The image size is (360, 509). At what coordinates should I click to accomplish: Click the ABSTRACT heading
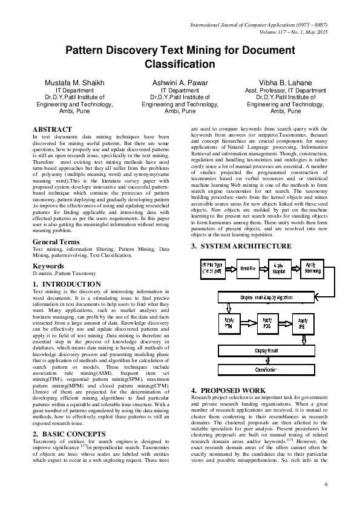[x=52, y=129]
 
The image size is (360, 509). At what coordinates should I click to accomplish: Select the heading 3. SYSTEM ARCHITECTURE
[x=241, y=246]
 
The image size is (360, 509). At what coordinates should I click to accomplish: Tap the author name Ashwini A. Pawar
[x=180, y=82]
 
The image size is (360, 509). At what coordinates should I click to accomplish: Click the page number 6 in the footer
[x=326, y=485]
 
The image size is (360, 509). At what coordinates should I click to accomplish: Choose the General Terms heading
[x=57, y=242]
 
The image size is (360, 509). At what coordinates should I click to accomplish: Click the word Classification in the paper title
[x=180, y=63]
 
